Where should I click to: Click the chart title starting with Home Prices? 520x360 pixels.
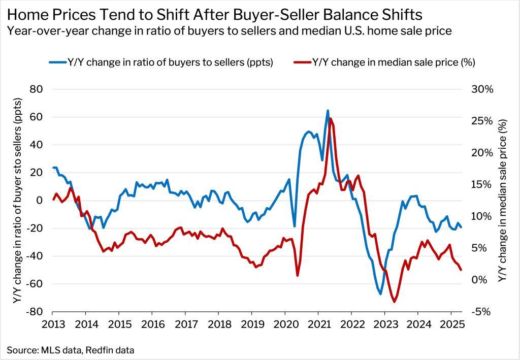point(214,13)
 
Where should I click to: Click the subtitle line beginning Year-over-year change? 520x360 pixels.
point(229,30)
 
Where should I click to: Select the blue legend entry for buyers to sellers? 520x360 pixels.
point(161,62)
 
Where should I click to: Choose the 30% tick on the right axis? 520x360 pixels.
point(482,89)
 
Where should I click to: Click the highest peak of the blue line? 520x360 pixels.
point(328,110)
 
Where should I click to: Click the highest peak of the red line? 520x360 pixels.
point(331,118)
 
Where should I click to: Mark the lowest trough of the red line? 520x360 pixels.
point(394,302)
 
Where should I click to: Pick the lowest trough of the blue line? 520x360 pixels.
point(380,294)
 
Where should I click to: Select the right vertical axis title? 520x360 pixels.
point(503,201)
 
